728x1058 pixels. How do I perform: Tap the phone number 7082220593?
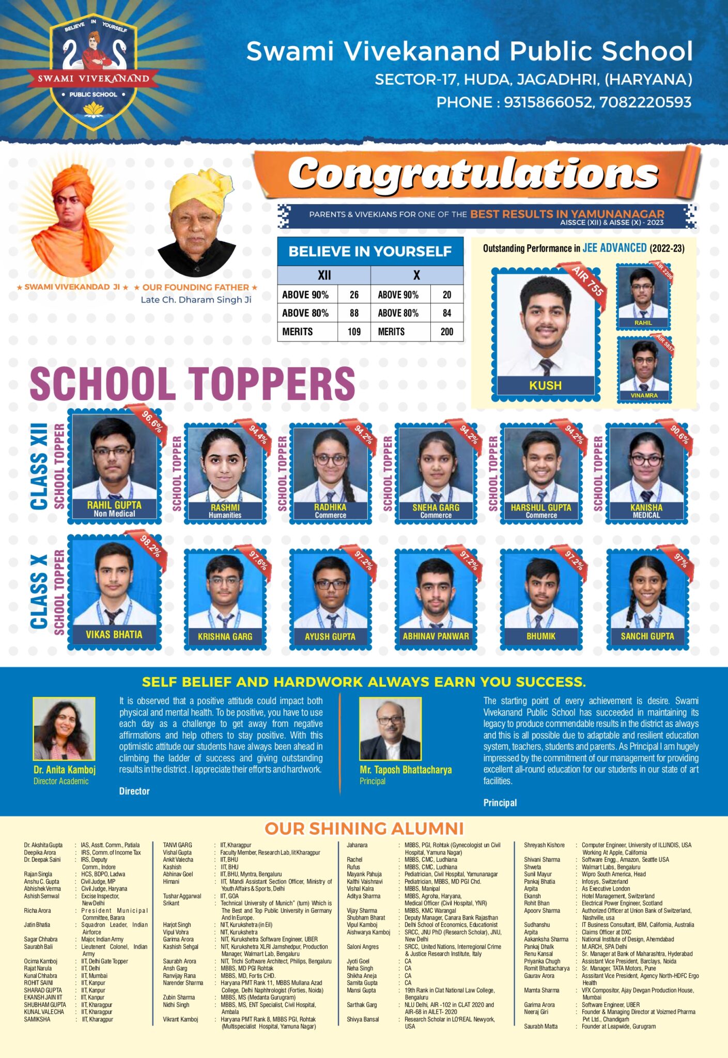[645, 102]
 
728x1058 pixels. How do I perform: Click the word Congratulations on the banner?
[473, 174]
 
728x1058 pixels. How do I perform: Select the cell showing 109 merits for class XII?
[354, 332]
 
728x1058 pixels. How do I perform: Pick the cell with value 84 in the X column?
[446, 313]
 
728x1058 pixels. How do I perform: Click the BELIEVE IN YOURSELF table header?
[370, 252]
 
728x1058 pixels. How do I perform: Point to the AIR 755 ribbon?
[587, 281]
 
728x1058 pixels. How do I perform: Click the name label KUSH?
[545, 385]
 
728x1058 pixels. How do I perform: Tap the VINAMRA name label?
[644, 395]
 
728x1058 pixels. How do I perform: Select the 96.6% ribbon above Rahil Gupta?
[152, 421]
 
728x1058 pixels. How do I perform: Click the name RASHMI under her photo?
[225, 508]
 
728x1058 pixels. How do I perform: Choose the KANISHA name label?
[646, 508]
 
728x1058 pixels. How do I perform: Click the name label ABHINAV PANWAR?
[436, 636]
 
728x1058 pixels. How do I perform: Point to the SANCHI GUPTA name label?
[647, 636]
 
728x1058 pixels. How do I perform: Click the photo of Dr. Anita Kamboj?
[64, 728]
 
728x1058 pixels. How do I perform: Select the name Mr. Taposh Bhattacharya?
[406, 770]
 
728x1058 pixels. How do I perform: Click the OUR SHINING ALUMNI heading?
[364, 829]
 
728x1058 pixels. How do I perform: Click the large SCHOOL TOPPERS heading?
[192, 383]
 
